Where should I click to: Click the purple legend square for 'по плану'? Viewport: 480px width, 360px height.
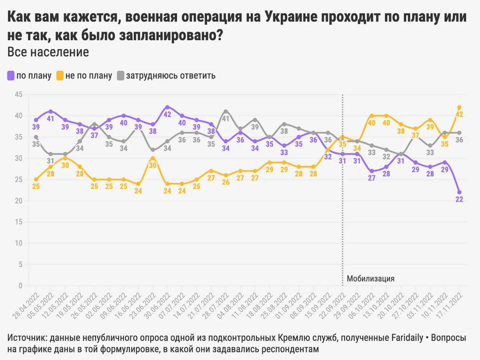pos(11,75)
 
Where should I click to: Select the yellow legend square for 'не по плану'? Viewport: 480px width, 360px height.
pos(60,75)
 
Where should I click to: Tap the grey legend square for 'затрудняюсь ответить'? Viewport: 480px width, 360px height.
pos(120,75)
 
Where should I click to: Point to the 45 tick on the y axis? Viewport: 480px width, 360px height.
pos(18,94)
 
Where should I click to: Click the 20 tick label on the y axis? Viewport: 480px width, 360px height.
pos(18,201)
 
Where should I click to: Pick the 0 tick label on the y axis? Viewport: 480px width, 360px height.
pos(20,286)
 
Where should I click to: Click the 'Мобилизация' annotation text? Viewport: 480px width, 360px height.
pos(370,279)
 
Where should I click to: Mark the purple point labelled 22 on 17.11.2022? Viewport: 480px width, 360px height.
pos(459,192)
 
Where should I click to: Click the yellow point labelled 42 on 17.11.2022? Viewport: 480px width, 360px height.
pos(459,107)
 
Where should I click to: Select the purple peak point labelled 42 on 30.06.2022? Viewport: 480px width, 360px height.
pos(167,107)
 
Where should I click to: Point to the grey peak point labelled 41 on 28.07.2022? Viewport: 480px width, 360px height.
pos(226,111)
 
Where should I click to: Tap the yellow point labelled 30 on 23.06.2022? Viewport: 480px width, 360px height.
pos(153,158)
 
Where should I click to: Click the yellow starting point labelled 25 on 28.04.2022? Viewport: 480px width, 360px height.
pos(36,179)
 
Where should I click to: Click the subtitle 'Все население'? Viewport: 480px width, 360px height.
pos(48,52)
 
